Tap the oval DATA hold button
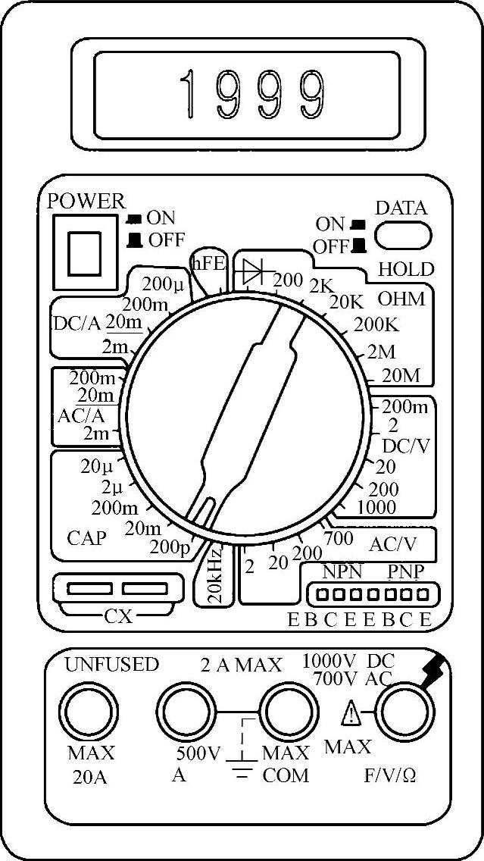point(402,235)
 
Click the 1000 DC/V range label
point(376,506)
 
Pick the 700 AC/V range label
point(338,539)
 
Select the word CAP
point(86,538)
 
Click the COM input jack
point(288,712)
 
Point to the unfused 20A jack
point(91,712)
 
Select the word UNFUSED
point(111,665)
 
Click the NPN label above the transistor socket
point(342,571)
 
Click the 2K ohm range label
point(321,286)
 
